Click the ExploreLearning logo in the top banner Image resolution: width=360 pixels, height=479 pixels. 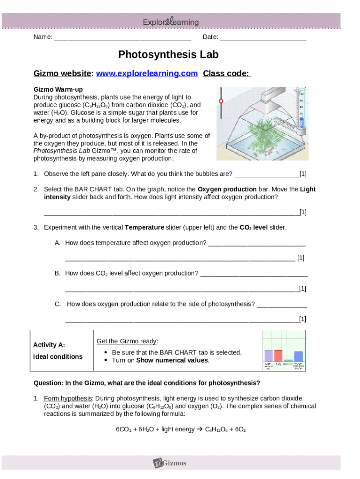coord(171,22)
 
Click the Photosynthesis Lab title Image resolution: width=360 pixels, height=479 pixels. coord(168,55)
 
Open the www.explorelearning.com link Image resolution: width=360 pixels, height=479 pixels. coord(147,73)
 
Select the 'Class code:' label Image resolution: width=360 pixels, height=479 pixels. coord(227,73)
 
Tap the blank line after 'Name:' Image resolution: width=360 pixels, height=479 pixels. coord(122,37)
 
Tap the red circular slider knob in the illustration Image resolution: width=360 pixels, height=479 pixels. coord(221,101)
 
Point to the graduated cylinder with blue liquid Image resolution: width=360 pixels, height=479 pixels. coord(302,112)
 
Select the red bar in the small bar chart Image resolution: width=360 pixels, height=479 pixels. coord(278,356)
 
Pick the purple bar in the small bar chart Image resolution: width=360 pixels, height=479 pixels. coord(268,356)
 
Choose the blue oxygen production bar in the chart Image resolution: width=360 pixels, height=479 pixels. coord(298,356)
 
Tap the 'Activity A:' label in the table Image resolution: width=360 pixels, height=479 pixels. coord(49,345)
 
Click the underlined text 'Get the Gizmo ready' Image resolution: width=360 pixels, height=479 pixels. coord(127,341)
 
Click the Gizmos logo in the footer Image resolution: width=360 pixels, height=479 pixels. coord(171,463)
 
